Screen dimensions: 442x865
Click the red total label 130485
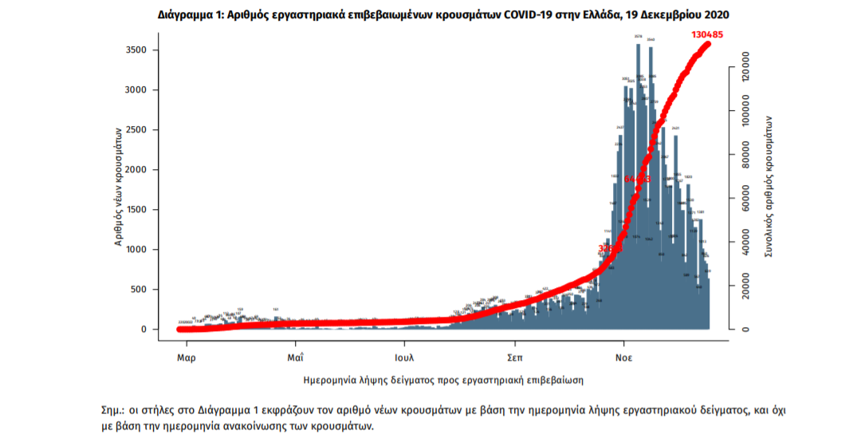click(714, 34)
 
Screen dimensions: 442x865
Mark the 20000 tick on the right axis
click(742, 286)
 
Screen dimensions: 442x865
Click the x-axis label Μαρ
click(187, 357)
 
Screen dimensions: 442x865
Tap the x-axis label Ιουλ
click(404, 357)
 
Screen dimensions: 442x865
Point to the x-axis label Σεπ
click(515, 357)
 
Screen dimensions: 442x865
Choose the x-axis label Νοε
click(623, 357)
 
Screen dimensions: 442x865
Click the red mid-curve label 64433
click(638, 179)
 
